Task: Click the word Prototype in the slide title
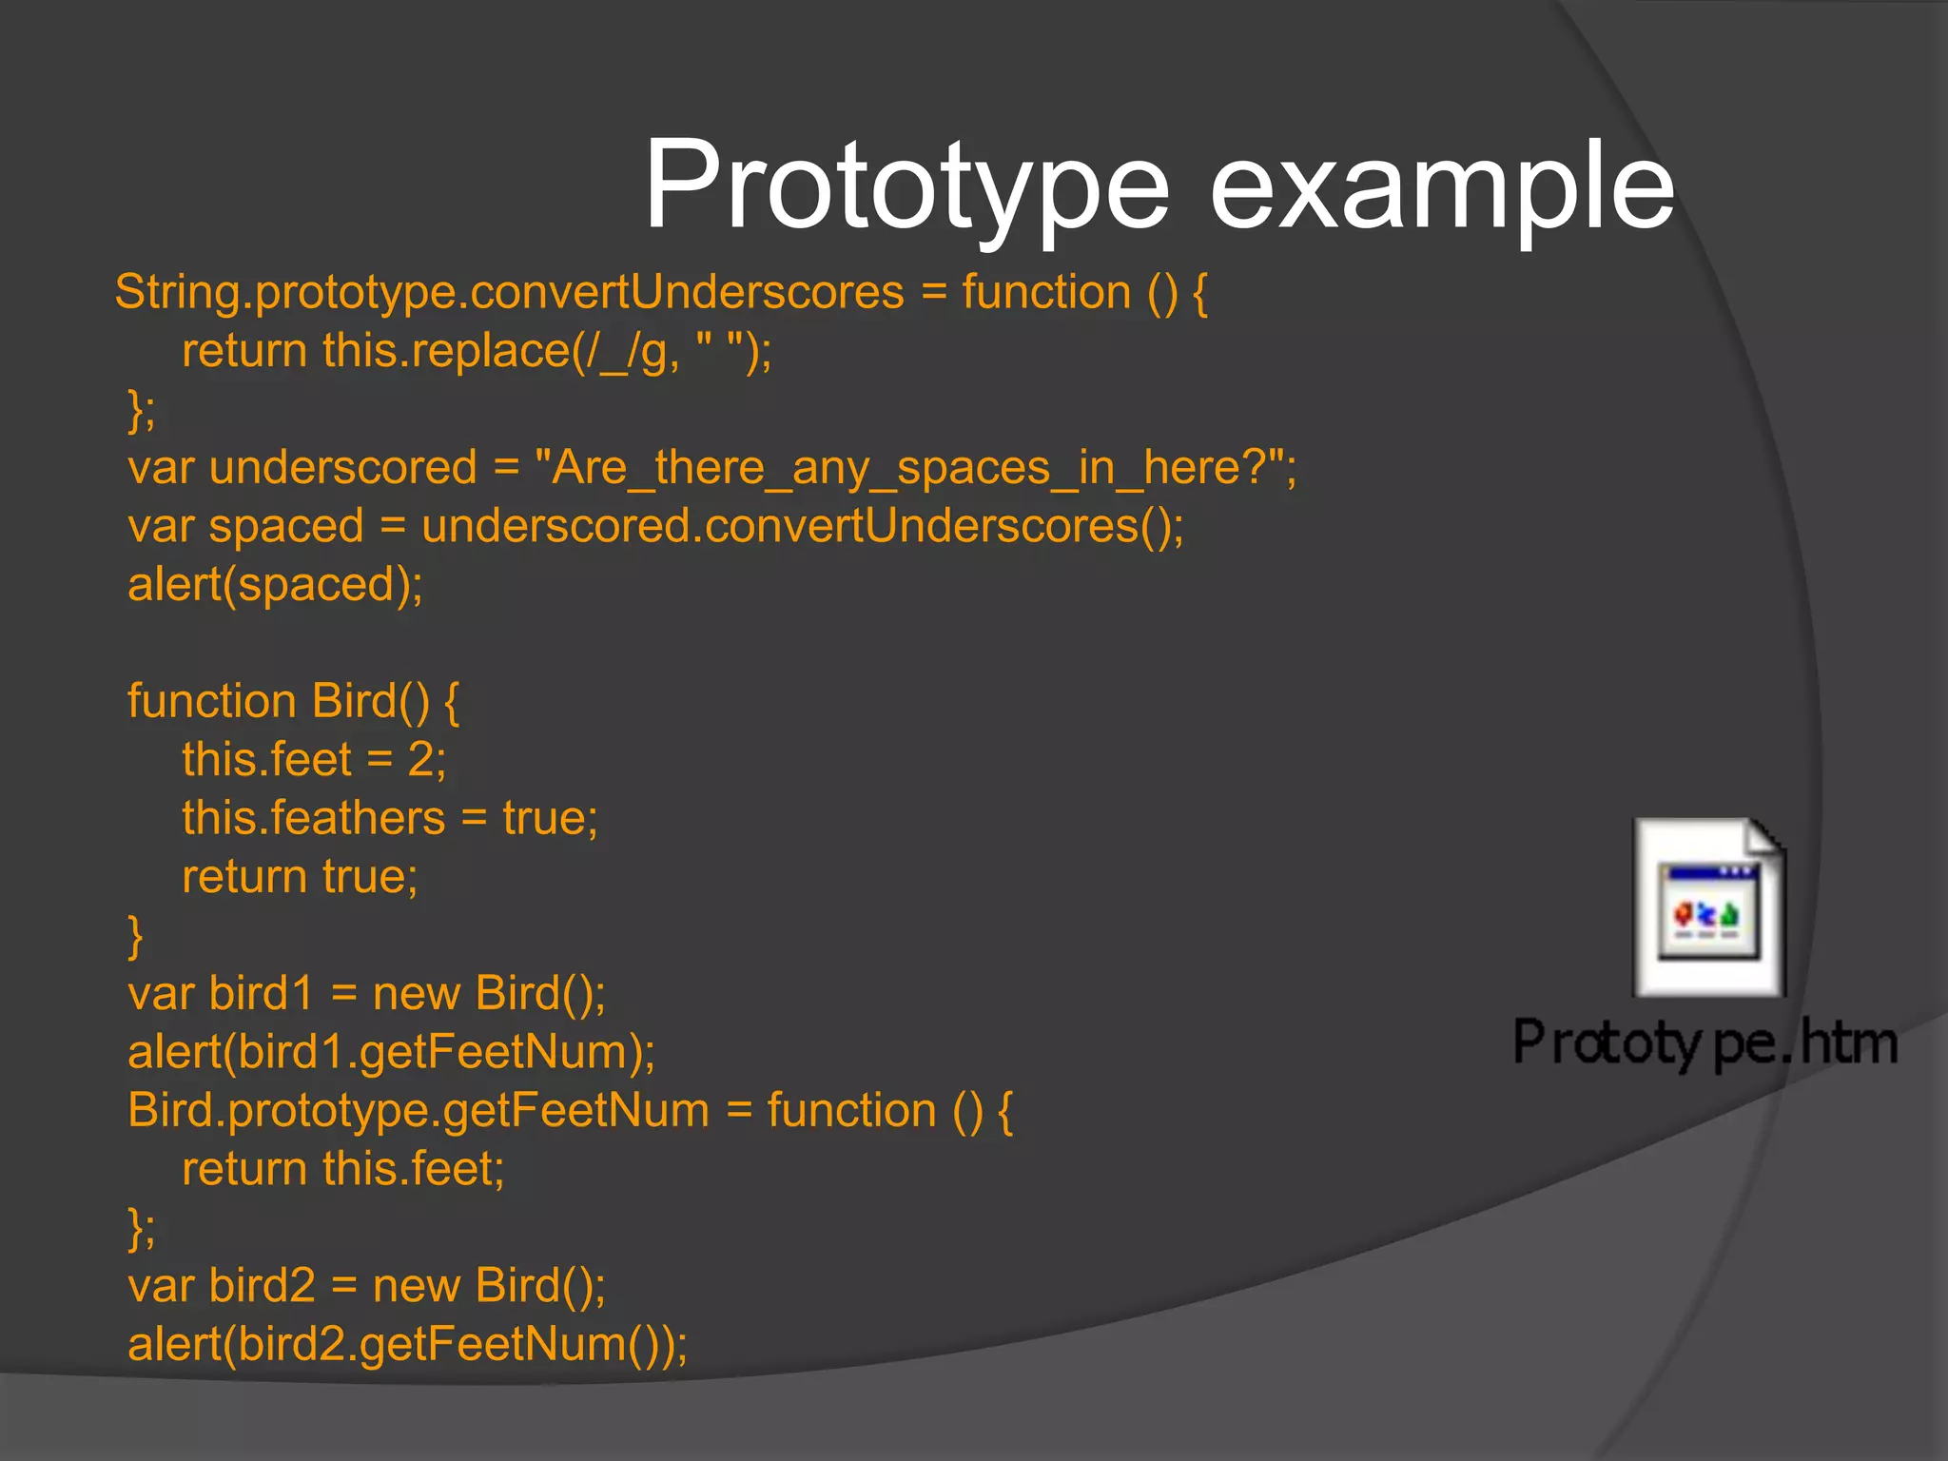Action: pyautogui.click(x=906, y=185)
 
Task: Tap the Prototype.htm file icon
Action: pyautogui.click(x=1709, y=908)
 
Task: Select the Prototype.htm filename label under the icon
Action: pyautogui.click(x=1704, y=1042)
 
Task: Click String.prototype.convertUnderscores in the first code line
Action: pyautogui.click(x=509, y=292)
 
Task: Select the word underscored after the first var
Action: pyautogui.click(x=342, y=468)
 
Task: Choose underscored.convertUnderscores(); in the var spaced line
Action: pyautogui.click(x=802, y=526)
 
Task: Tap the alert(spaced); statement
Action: pyautogui.click(x=275, y=584)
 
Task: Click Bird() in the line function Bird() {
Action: pyautogui.click(x=371, y=701)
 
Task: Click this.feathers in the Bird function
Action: pyautogui.click(x=313, y=818)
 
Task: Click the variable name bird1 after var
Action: pyautogui.click(x=261, y=994)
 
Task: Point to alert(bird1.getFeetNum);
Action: pyautogui.click(x=391, y=1052)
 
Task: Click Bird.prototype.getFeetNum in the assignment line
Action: pyautogui.click(x=419, y=1111)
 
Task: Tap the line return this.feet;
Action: pyautogui.click(x=342, y=1169)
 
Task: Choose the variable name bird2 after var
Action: pyautogui.click(x=262, y=1286)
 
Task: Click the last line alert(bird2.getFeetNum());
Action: pyautogui.click(x=407, y=1344)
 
